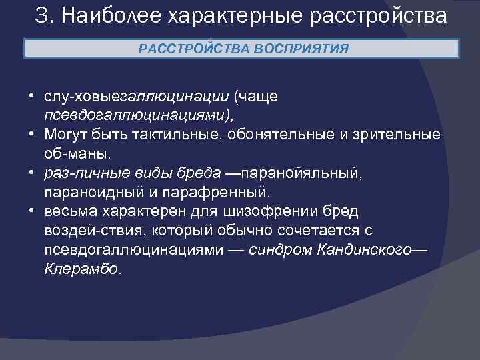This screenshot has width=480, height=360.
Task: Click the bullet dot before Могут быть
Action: (32, 134)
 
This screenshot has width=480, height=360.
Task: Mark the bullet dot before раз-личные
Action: (32, 173)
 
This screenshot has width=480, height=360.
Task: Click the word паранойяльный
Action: (303, 173)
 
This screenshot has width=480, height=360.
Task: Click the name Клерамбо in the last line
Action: (82, 269)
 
